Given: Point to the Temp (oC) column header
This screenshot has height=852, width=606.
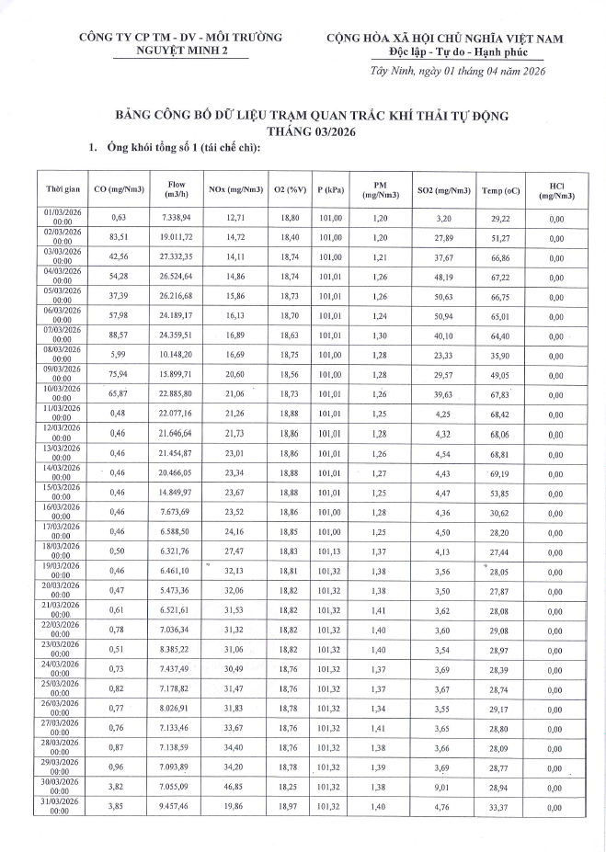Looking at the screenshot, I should click(500, 190).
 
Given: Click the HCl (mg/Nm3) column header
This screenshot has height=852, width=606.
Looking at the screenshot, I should click(555, 190).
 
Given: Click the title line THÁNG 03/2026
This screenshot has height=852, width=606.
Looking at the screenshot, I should click(303, 131).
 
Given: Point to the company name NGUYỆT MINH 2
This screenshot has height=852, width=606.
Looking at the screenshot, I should click(180, 52).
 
